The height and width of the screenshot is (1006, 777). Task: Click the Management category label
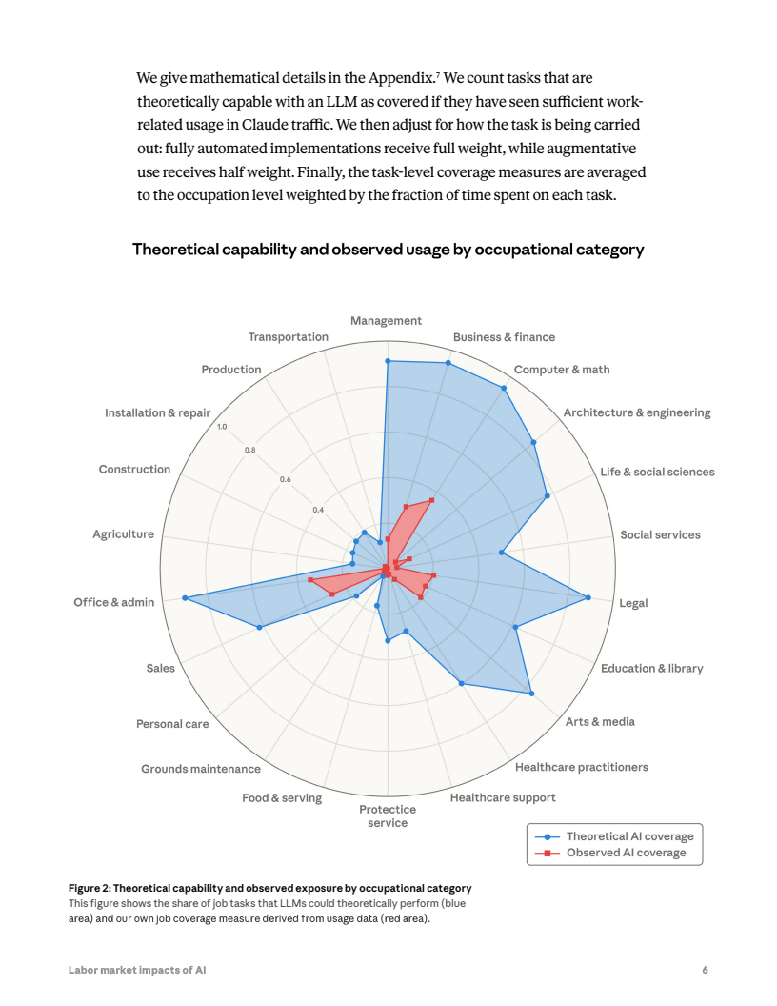(386, 321)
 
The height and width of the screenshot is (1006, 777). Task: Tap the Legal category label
(633, 602)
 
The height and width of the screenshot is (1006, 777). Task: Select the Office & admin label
(113, 602)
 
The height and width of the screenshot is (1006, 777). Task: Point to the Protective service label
(387, 816)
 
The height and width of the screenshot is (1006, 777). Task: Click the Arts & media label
(600, 721)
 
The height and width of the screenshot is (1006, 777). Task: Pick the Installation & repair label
(157, 413)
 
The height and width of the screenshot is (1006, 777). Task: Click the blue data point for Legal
(589, 597)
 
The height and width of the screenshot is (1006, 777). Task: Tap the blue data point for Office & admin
(184, 598)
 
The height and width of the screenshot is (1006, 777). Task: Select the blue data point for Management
(388, 361)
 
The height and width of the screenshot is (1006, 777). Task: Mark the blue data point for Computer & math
(504, 389)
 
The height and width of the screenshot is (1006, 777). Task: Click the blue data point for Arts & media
(531, 694)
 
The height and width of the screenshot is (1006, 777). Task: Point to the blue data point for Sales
(259, 627)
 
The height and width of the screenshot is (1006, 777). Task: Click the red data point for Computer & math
(432, 499)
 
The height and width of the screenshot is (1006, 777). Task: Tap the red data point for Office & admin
(310, 579)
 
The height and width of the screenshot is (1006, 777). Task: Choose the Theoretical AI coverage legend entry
(629, 836)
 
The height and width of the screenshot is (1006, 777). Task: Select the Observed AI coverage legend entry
(626, 853)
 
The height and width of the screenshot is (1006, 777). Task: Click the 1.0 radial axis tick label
(222, 427)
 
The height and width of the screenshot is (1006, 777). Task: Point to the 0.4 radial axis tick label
(318, 510)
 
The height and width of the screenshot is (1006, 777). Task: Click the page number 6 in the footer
(705, 970)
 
